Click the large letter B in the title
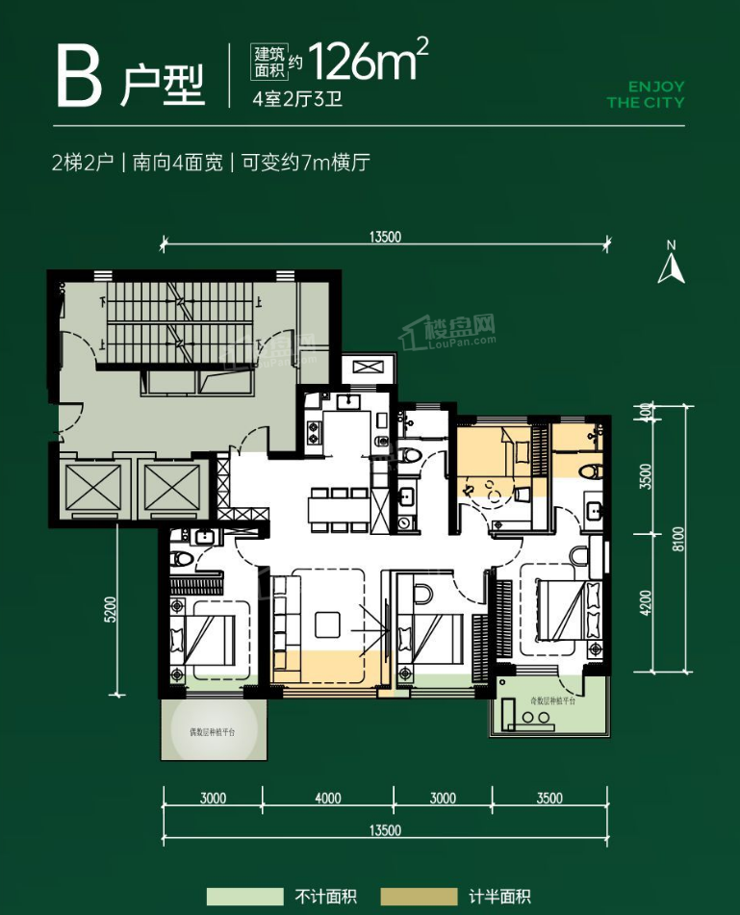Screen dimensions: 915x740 click(x=79, y=76)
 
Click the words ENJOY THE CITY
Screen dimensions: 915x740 click(x=645, y=94)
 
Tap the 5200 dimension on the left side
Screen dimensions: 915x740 click(x=111, y=612)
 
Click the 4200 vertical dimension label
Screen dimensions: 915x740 click(x=647, y=603)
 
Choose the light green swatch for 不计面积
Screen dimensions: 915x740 click(x=245, y=897)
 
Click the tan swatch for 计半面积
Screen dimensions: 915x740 click(x=419, y=897)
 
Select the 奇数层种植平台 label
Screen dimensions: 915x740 click(x=548, y=702)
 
